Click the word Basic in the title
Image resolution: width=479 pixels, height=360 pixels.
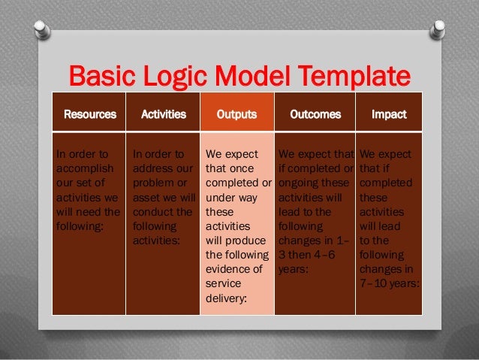pos(100,77)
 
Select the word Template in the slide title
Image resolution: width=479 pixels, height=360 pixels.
pos(350,77)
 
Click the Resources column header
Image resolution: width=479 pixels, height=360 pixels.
pos(90,115)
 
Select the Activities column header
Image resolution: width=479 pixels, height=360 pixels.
pos(164,115)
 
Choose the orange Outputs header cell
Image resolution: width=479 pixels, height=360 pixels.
pos(236,115)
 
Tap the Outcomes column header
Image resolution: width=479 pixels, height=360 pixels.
pos(315,115)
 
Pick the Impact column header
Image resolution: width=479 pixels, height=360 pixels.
pos(389,115)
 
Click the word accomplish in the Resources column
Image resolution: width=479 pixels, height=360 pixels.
pos(83,169)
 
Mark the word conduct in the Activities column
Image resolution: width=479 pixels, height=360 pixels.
pos(152,212)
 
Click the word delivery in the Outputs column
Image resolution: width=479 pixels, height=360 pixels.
pos(226,298)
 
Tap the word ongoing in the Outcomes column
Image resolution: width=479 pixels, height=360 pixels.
pos(300,183)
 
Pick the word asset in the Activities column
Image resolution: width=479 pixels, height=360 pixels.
pos(146,198)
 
